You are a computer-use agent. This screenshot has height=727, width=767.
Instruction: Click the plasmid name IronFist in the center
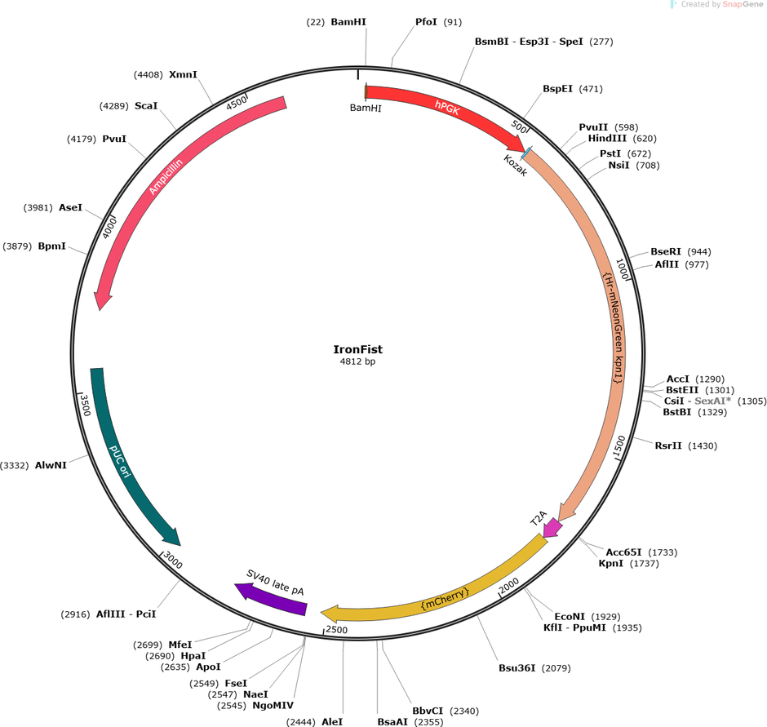click(x=357, y=349)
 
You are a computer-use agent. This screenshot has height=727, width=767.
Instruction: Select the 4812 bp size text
click(x=357, y=361)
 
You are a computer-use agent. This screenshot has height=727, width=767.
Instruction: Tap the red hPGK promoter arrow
click(x=448, y=109)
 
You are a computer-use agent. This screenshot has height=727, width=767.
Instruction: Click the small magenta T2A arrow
click(x=553, y=527)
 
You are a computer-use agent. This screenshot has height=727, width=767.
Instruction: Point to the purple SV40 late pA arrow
click(x=271, y=598)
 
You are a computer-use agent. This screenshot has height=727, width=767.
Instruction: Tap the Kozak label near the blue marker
click(x=515, y=166)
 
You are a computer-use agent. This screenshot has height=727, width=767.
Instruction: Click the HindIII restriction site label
click(x=606, y=139)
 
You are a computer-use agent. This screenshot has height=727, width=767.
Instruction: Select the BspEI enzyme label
click(x=557, y=89)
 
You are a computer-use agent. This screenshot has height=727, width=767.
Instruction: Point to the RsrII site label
click(x=667, y=446)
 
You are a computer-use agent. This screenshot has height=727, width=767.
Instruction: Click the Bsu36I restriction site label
click(x=517, y=668)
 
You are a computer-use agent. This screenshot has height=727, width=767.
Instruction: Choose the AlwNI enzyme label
click(x=51, y=465)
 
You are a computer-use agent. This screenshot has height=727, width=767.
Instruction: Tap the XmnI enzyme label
click(x=183, y=74)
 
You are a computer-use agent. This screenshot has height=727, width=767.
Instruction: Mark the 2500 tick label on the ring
click(x=336, y=630)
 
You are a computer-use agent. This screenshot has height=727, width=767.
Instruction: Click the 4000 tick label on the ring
click(x=109, y=228)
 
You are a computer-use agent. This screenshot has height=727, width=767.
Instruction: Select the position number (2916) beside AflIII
click(x=75, y=614)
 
